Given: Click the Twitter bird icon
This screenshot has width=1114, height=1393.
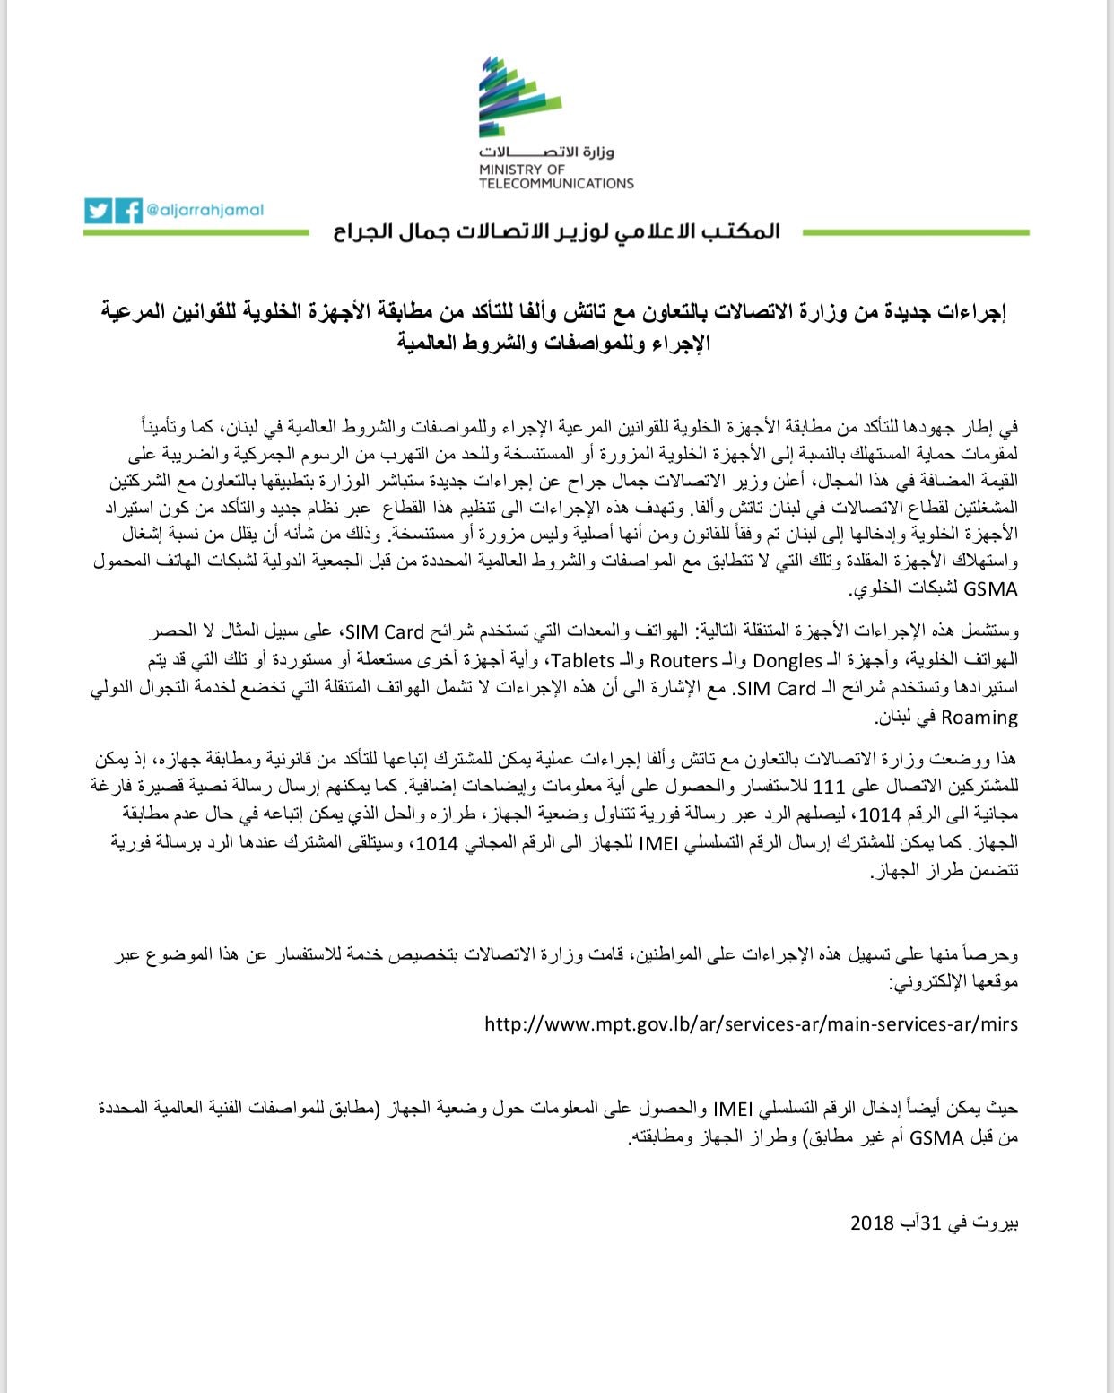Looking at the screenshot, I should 99,211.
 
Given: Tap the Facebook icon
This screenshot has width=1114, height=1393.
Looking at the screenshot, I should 129,211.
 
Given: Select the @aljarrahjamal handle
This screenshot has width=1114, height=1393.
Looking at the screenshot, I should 205,210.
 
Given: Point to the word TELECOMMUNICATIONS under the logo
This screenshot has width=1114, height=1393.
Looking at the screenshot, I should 556,184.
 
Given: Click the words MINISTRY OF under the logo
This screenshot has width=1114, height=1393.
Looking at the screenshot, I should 522,170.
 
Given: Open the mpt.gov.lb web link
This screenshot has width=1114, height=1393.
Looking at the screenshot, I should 751,1023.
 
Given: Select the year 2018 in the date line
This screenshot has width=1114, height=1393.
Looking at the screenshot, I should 873,1223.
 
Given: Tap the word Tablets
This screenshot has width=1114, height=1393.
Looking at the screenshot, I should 583,660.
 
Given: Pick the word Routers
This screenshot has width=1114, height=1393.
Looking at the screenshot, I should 683,660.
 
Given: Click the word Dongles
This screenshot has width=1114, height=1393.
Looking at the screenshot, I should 787,660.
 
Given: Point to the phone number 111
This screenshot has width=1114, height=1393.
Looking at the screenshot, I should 828,787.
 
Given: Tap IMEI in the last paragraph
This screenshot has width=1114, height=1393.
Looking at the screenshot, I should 736,1108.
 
